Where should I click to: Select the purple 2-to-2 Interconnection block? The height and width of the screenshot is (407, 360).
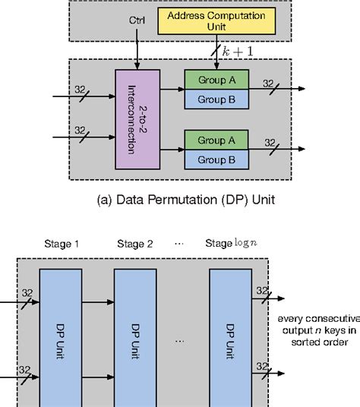pos(135,118)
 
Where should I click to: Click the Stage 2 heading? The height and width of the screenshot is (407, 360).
pos(136,244)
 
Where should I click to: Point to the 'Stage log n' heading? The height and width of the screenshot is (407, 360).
pos(232,244)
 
